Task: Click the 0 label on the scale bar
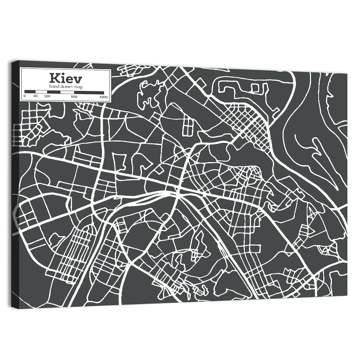click(x=24, y=96)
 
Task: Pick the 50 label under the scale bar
click(x=36, y=96)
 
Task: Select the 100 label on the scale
click(x=47, y=96)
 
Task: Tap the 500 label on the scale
click(x=74, y=96)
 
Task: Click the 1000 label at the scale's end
click(x=104, y=97)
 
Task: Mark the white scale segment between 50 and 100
click(x=41, y=92)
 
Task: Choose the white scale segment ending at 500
click(x=67, y=92)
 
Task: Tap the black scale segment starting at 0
click(x=30, y=91)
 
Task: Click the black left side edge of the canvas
click(x=14, y=180)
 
